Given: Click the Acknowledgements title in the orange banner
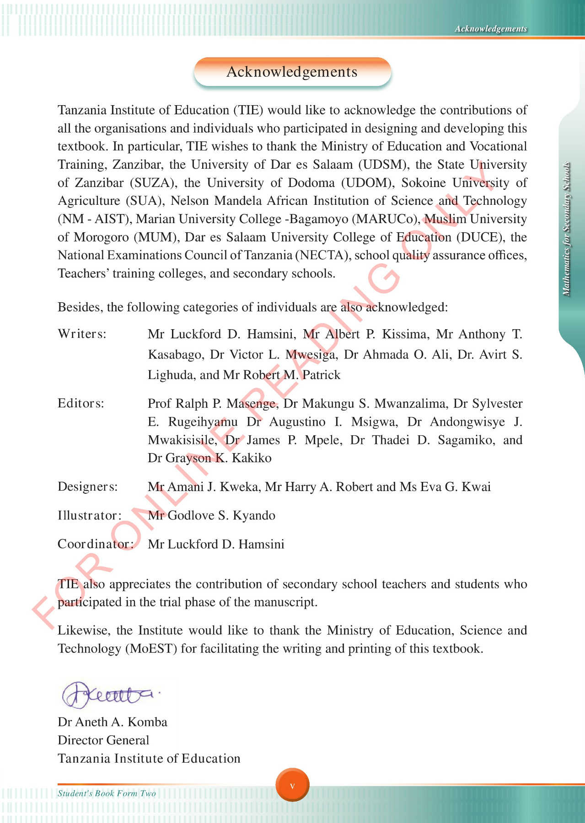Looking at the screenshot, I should pyautogui.click(x=292, y=72).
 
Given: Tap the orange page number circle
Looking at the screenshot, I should pyautogui.click(x=292, y=785).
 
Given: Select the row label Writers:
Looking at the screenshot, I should pyautogui.click(x=82, y=334).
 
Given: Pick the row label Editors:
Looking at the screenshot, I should pyautogui.click(x=81, y=403).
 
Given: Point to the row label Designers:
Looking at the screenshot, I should pyautogui.click(x=87, y=486).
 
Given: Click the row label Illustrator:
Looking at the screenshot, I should pyautogui.click(x=89, y=515).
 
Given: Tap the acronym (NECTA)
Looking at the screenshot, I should pyautogui.click(x=322, y=255).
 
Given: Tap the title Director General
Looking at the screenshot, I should pyautogui.click(x=103, y=740).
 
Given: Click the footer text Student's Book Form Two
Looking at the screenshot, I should pyautogui.click(x=107, y=793).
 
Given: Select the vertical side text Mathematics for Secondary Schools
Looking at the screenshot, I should pyautogui.click(x=566, y=229).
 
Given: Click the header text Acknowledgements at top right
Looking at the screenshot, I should pyautogui.click(x=490, y=29).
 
